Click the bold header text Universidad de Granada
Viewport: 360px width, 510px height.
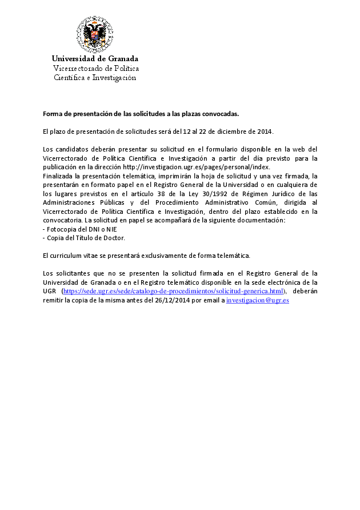point(95,59)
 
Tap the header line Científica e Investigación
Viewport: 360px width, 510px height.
point(95,78)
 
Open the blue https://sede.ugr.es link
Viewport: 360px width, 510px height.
point(173,291)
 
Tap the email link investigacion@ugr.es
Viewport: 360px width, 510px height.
point(258,300)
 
